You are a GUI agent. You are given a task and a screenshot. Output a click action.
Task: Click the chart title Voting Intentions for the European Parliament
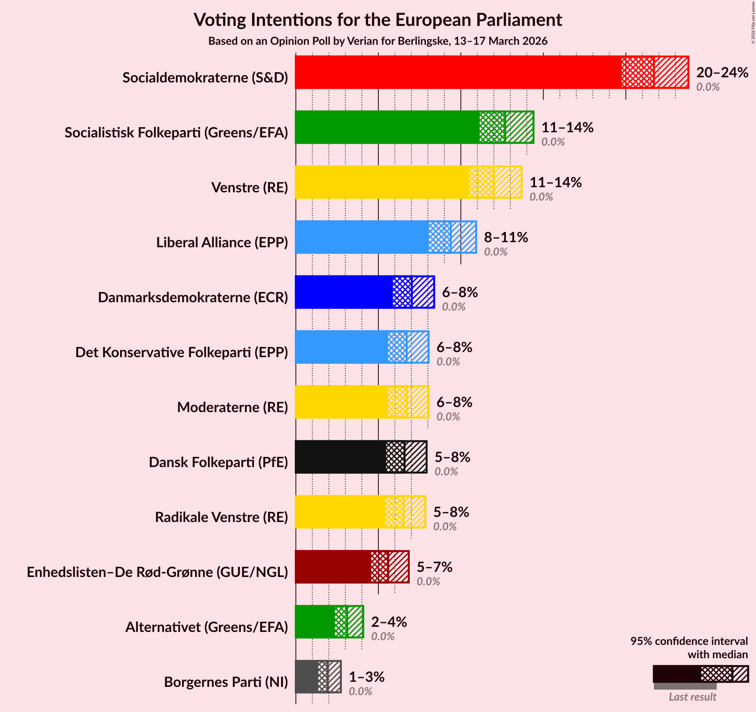[x=378, y=20]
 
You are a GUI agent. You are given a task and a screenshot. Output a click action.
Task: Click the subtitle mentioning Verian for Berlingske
[x=378, y=41]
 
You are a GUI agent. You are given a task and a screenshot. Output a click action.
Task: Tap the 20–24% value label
[x=722, y=73]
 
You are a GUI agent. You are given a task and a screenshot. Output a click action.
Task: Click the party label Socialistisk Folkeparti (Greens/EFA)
[x=176, y=133]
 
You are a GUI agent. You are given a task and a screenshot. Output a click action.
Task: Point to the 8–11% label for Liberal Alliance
[x=506, y=237]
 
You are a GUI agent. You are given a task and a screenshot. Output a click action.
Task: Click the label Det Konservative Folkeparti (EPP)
[x=181, y=352]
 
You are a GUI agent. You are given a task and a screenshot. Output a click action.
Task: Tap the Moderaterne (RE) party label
[x=232, y=407]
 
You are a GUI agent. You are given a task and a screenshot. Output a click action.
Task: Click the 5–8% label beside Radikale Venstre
[x=451, y=512]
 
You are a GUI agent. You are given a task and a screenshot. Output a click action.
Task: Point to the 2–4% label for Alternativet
[x=389, y=622]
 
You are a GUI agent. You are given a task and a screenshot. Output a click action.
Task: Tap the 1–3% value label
[x=366, y=677]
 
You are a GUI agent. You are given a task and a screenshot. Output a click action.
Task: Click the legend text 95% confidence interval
[x=688, y=641]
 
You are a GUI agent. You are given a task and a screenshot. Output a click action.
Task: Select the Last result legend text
[x=692, y=697]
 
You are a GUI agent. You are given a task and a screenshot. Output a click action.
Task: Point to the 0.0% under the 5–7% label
[x=428, y=581]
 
